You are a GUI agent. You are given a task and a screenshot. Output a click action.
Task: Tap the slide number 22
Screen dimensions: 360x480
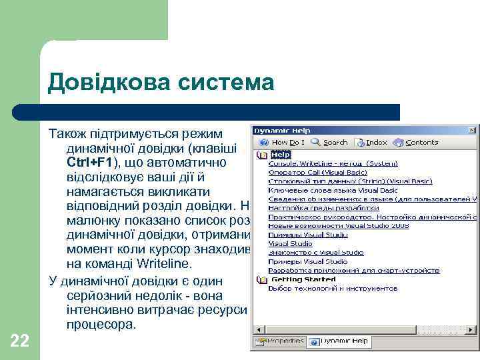(x=20, y=341)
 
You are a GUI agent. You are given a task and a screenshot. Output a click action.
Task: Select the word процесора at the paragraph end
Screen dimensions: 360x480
(x=101, y=325)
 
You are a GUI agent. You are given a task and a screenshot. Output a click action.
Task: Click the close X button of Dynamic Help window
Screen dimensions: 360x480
(x=471, y=129)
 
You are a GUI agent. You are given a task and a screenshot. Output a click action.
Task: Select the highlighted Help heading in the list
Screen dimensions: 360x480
(x=281, y=155)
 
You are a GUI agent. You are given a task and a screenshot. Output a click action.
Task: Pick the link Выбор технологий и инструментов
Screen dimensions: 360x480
(x=333, y=289)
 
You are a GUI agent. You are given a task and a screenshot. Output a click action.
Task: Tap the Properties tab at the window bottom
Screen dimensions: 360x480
(x=279, y=341)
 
